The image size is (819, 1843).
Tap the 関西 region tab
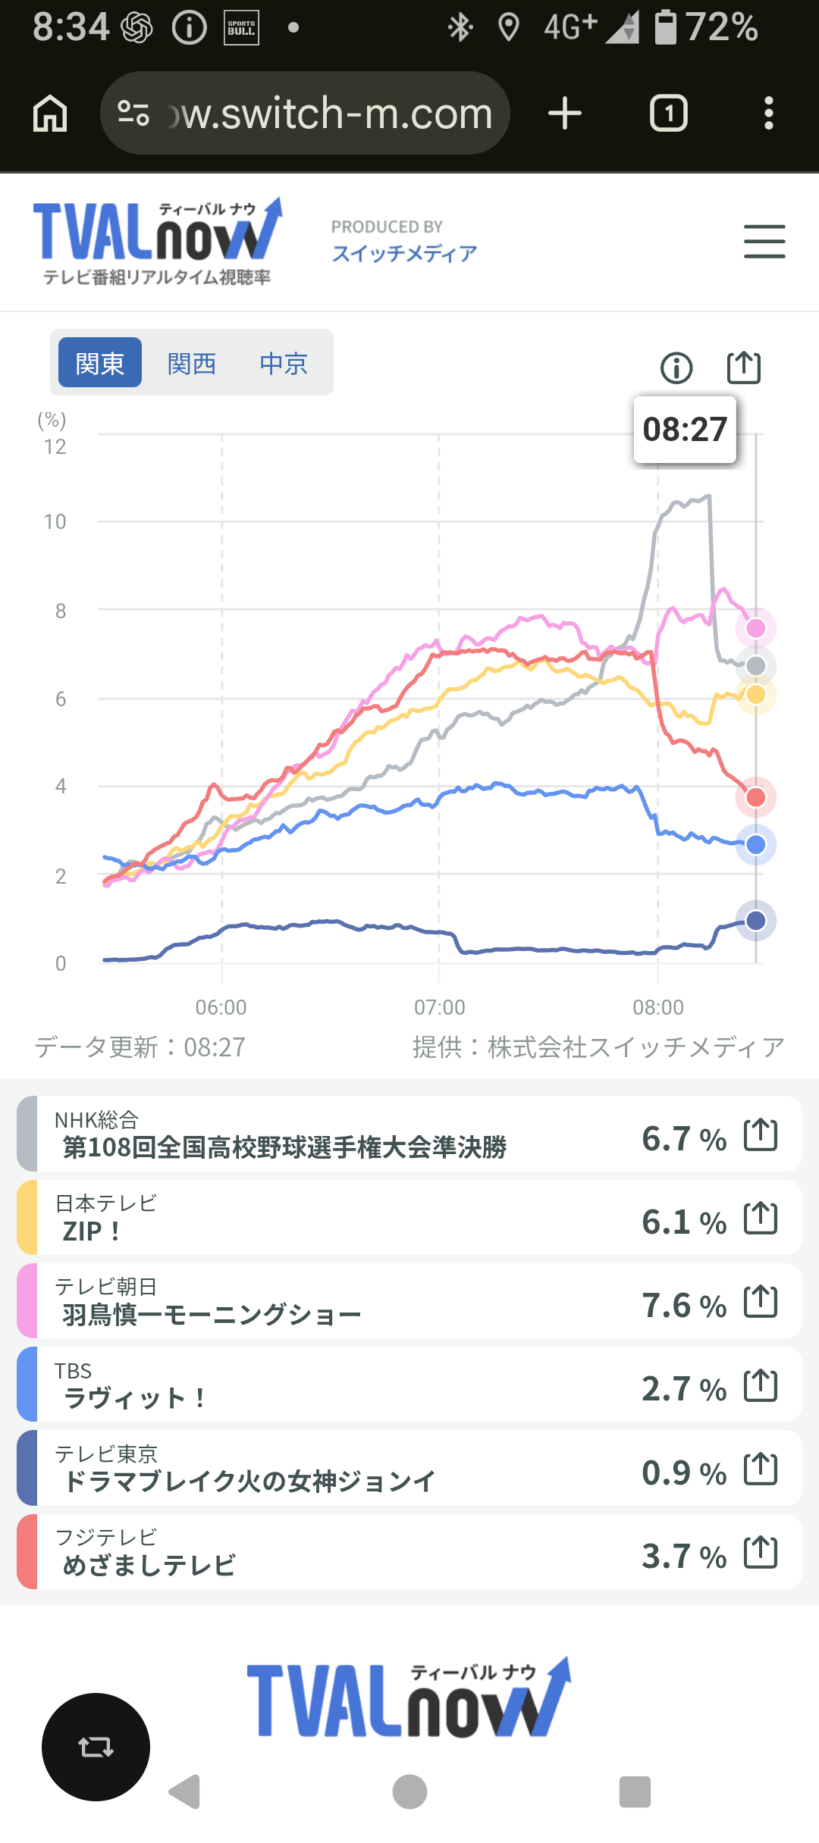click(x=192, y=364)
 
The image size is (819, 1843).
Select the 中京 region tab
click(x=284, y=364)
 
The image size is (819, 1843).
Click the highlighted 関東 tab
click(x=100, y=362)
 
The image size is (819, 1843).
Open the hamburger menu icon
click(x=764, y=242)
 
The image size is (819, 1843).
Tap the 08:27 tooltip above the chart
click(x=685, y=429)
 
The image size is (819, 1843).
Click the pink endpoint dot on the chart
click(x=756, y=628)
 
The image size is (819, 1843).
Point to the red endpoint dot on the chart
click(x=756, y=797)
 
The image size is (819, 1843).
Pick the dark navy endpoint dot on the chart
click(x=756, y=921)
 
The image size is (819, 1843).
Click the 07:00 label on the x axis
click(x=440, y=1007)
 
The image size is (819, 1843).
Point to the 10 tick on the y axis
click(x=55, y=521)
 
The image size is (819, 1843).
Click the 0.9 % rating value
click(x=684, y=1473)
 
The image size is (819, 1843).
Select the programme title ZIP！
click(x=92, y=1231)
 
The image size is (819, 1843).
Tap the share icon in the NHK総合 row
click(x=761, y=1135)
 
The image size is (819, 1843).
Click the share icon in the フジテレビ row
click(x=761, y=1552)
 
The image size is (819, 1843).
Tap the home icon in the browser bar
click(x=50, y=114)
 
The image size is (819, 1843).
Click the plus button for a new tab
click(x=565, y=114)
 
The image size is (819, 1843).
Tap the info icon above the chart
click(x=676, y=368)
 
